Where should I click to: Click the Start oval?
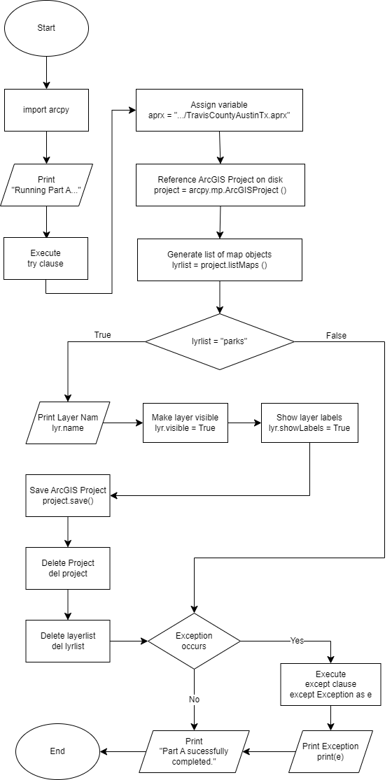point(46,28)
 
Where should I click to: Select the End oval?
point(57,751)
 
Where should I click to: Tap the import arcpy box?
point(46,110)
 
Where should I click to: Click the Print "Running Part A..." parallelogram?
point(46,185)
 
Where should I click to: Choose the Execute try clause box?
point(45,258)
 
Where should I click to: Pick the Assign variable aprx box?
point(219,110)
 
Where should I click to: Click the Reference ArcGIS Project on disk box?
point(220,185)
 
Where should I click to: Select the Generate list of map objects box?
point(219,260)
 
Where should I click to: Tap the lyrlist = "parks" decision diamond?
point(220,342)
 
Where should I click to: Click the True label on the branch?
point(102,335)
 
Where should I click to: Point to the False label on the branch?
point(336,335)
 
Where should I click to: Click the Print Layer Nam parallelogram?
point(66,423)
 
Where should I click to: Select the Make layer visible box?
point(185,423)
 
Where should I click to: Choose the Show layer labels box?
point(309,423)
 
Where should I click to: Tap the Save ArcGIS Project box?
point(68,495)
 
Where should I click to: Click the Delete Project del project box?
point(68,568)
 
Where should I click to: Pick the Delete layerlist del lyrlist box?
point(68,641)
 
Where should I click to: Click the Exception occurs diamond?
point(194,641)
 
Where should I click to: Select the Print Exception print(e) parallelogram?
point(330,751)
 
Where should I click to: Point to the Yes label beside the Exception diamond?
point(297,641)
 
